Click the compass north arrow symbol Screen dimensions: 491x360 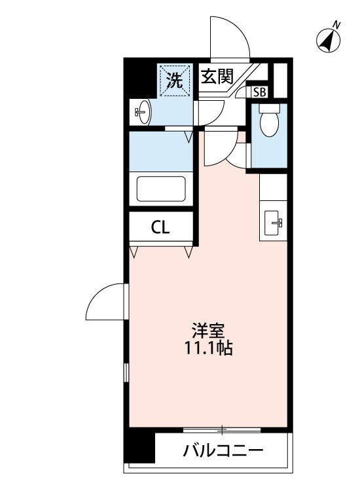click(329, 41)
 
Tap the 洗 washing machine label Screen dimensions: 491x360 click(174, 81)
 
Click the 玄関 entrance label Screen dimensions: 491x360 click(217, 77)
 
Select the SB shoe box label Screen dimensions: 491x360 click(260, 92)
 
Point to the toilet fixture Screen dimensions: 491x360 click(269, 121)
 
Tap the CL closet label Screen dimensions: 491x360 click(160, 227)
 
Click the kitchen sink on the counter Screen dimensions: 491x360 click(274, 223)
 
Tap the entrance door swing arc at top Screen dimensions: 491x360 click(229, 38)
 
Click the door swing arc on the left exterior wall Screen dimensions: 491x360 click(105, 301)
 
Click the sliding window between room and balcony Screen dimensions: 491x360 click(223, 430)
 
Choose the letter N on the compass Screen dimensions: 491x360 click(337, 25)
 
